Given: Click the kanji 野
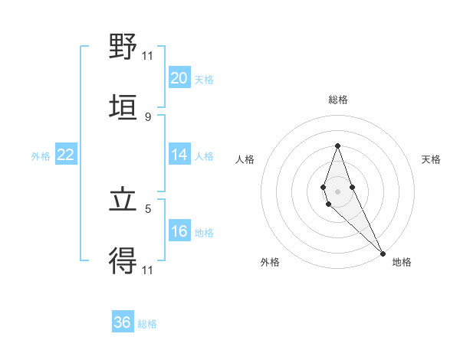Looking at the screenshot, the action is pos(123,47).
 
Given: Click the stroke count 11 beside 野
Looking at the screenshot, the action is pos(147,55).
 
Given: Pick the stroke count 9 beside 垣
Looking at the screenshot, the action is pos(147,116).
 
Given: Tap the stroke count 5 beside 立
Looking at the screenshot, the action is pos(147,208).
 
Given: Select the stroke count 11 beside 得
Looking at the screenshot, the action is pos(147,270).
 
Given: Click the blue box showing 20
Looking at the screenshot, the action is pos(179,78).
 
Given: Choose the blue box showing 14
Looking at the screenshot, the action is pos(179,155).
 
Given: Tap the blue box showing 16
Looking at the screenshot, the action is pos(179,231).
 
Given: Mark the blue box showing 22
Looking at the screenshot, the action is pos(66,155).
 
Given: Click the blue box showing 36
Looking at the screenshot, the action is pos(123,322).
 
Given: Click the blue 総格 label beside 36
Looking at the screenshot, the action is pos(147,324).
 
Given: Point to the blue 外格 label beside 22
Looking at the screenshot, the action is pos(41,156).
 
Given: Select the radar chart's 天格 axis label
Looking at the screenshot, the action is pos(432,159).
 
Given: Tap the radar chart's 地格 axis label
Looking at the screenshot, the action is pos(402,262).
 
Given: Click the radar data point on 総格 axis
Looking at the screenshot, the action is pos(337,146).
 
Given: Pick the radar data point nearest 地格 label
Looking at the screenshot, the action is pos(383,253).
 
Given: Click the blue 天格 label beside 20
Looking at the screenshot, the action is pos(204,80).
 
